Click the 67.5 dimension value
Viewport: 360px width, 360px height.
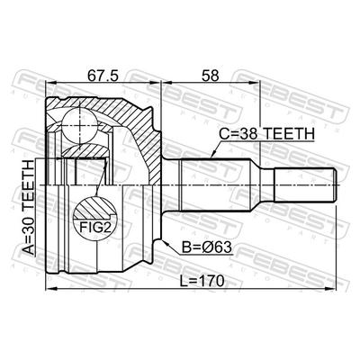[103, 76]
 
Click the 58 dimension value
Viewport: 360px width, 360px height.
[211, 76]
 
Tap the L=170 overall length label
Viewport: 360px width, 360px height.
[202, 281]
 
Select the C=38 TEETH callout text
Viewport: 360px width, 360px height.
[266, 134]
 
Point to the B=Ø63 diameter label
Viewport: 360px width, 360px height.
[207, 247]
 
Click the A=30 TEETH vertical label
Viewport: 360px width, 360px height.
[30, 207]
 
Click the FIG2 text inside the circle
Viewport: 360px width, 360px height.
[95, 227]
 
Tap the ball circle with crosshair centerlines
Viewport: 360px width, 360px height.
[80, 126]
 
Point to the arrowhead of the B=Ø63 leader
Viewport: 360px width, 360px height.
[165, 242]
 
